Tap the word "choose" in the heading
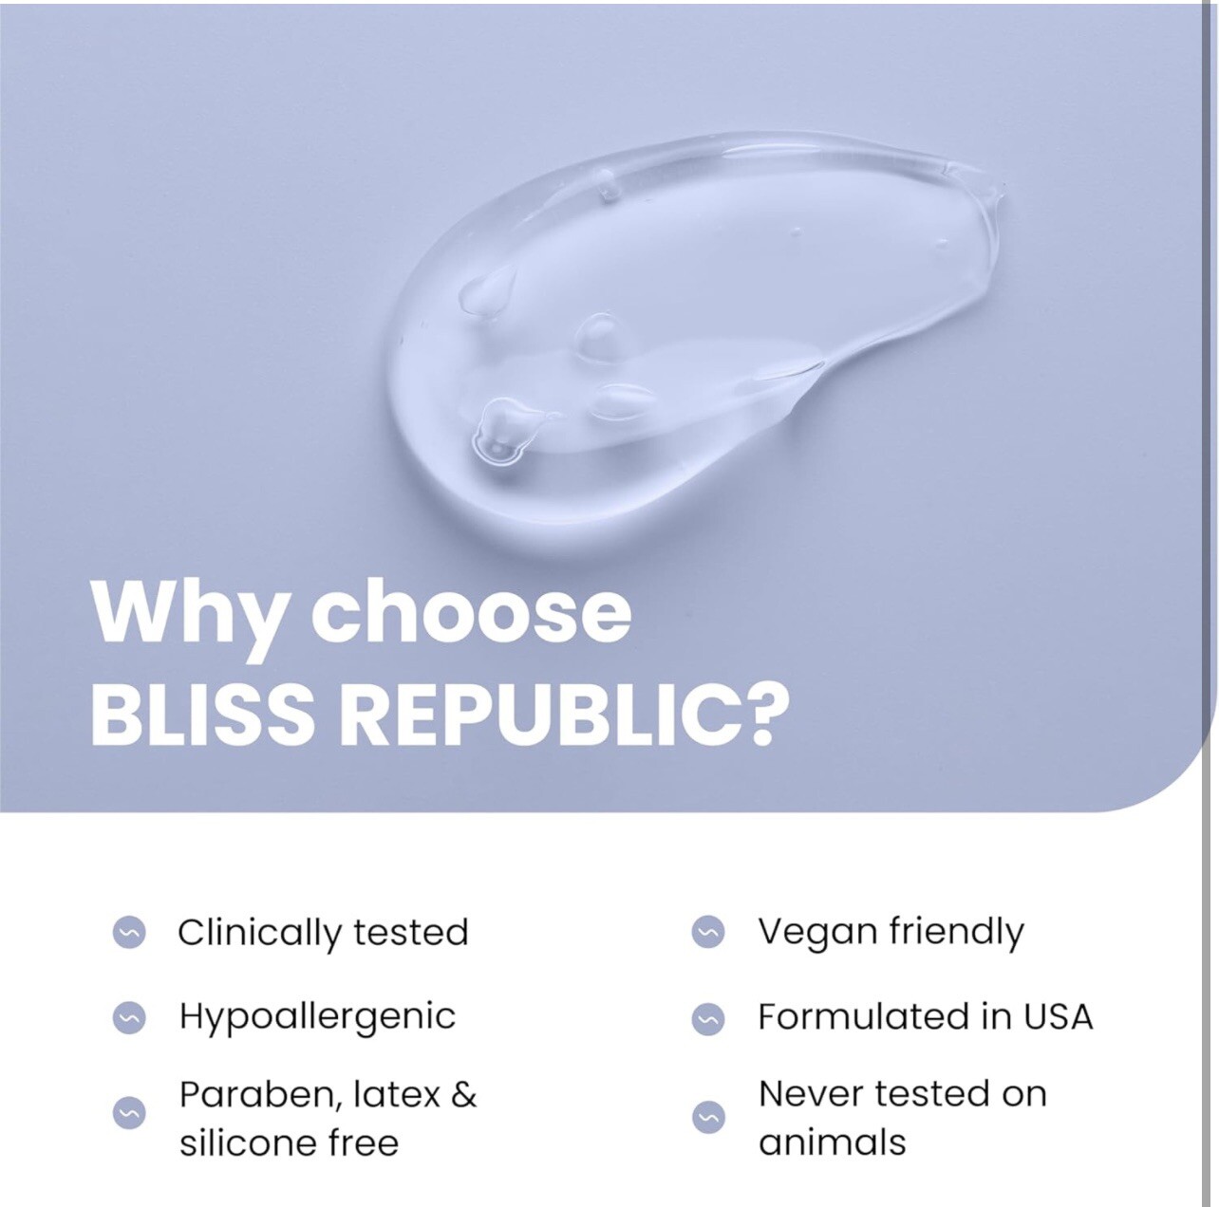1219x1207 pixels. click(x=472, y=610)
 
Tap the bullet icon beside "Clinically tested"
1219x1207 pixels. click(x=129, y=932)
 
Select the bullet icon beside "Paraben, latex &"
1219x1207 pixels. click(x=129, y=1113)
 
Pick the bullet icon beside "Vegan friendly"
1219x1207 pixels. click(x=708, y=932)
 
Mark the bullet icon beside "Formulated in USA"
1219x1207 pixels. click(x=708, y=1018)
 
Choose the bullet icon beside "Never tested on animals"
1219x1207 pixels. click(x=708, y=1118)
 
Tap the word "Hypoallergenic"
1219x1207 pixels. click(x=317, y=1018)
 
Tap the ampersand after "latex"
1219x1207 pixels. click(x=463, y=1094)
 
